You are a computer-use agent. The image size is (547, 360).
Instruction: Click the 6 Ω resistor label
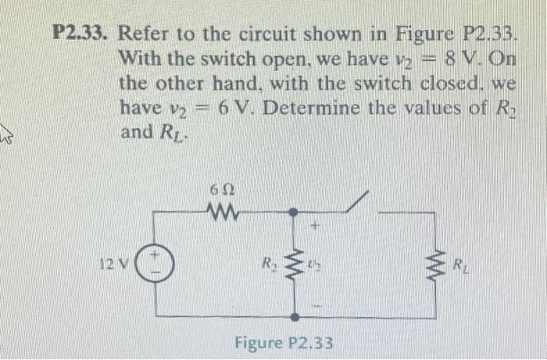click(x=219, y=190)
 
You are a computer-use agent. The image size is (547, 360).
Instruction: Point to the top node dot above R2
click(x=294, y=212)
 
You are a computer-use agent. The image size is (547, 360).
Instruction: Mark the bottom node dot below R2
click(x=294, y=318)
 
